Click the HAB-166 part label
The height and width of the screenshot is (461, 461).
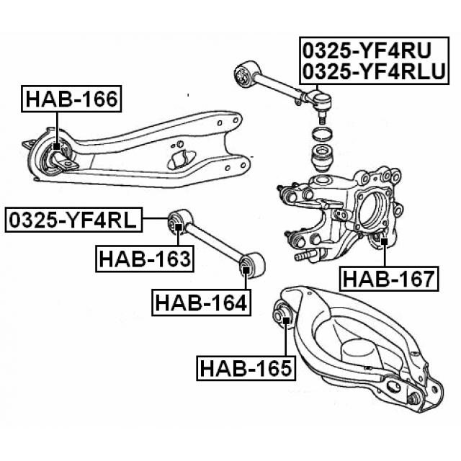click(x=71, y=99)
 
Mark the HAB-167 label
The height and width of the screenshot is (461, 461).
click(x=389, y=277)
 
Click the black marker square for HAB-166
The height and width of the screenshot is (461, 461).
click(x=57, y=147)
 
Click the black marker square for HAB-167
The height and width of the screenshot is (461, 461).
click(x=384, y=241)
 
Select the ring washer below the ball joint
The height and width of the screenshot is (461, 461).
click(x=322, y=133)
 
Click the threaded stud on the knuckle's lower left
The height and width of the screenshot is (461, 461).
click(x=305, y=254)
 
